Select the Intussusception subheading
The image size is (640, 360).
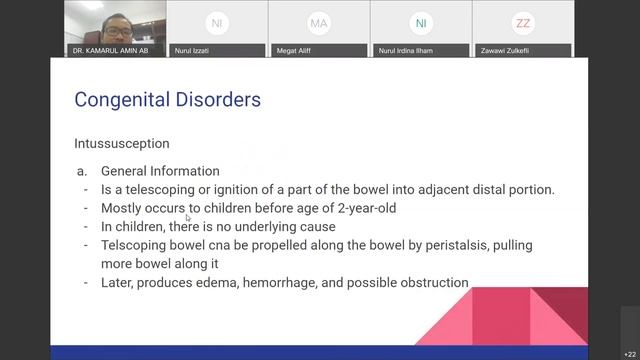[121, 143]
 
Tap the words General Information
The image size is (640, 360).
[160, 171]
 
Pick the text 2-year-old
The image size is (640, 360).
[367, 208]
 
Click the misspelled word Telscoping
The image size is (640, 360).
[135, 245]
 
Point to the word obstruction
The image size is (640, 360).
[434, 283]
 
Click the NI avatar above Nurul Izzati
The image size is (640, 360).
[216, 22]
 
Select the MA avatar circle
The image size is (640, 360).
[319, 22]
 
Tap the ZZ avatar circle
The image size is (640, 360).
[522, 22]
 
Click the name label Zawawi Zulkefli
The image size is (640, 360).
[507, 50]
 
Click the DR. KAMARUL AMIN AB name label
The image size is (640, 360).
[110, 50]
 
